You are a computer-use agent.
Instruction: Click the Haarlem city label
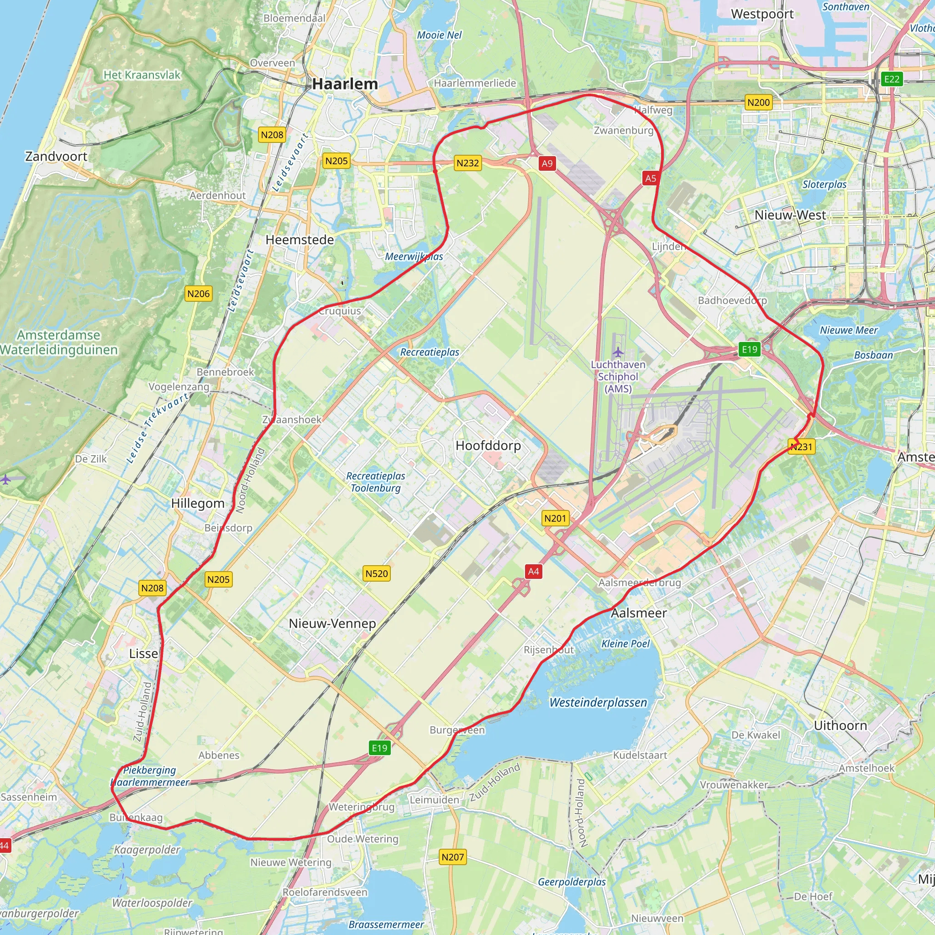tap(345, 84)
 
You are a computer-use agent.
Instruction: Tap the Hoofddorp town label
tap(488, 445)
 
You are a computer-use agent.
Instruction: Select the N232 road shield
tap(467, 163)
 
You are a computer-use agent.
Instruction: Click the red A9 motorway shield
tap(547, 163)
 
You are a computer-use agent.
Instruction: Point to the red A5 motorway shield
tap(651, 178)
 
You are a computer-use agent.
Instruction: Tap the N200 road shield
tap(758, 102)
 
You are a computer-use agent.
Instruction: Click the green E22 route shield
tap(892, 79)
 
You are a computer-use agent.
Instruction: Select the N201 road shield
tap(555, 518)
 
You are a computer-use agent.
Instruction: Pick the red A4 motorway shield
tap(533, 572)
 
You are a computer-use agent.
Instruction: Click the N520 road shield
tap(377, 573)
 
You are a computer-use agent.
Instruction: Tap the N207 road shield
tap(452, 857)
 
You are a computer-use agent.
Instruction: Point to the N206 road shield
tap(199, 293)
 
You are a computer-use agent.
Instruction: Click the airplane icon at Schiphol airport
tap(618, 352)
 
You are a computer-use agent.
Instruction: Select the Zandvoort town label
tap(56, 156)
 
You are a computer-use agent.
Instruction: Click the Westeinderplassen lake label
tap(598, 703)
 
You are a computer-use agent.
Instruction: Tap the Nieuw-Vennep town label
tap(332, 623)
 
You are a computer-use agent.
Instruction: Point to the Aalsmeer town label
tap(638, 613)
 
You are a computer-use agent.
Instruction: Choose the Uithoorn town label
tap(840, 725)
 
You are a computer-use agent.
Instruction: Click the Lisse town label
tap(143, 653)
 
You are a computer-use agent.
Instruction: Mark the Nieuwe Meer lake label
tap(848, 330)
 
